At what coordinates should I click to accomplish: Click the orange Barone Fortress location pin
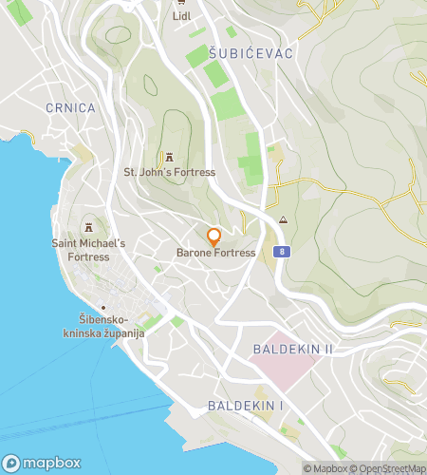214,237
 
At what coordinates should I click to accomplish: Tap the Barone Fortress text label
216,254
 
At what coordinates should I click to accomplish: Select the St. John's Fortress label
170,173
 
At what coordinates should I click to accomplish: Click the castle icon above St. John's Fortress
170,157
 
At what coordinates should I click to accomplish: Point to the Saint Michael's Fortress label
89,250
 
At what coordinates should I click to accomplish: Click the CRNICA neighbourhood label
70,108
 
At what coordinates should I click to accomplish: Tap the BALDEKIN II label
293,350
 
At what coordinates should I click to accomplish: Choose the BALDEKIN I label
246,407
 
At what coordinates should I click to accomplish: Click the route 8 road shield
282,252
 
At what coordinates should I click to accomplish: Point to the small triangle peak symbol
283,220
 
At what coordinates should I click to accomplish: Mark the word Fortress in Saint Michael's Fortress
89,256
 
